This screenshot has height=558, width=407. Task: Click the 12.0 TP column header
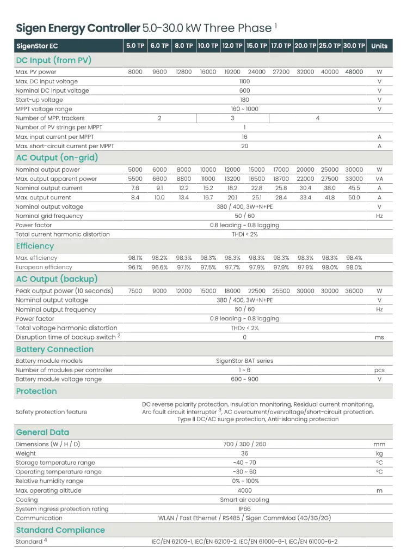click(x=232, y=46)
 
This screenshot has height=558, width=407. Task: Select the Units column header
click(x=379, y=46)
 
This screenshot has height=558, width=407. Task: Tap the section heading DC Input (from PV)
click(x=53, y=60)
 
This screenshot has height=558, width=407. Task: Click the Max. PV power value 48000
click(x=354, y=72)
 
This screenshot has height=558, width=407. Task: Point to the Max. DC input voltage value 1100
click(x=244, y=81)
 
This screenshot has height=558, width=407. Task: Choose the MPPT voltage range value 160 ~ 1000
click(x=244, y=109)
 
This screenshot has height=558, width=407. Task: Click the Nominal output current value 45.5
click(x=354, y=188)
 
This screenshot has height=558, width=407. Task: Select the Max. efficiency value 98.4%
click(x=354, y=258)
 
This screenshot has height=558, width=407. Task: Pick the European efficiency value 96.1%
click(x=135, y=267)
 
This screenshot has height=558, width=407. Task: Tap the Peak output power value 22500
click(x=257, y=291)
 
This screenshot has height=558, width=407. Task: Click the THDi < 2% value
click(x=244, y=234)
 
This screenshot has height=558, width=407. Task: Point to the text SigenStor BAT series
click(x=244, y=361)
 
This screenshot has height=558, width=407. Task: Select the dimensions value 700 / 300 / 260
click(x=244, y=444)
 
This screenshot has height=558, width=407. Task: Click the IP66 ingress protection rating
click(x=244, y=509)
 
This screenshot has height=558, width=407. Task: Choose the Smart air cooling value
click(x=244, y=500)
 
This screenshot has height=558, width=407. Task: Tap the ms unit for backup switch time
click(x=379, y=337)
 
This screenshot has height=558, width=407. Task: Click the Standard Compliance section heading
click(x=60, y=530)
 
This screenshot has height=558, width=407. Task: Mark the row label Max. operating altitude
click(x=48, y=490)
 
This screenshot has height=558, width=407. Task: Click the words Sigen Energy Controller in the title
click(x=77, y=28)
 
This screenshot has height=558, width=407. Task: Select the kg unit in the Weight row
click(x=379, y=453)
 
